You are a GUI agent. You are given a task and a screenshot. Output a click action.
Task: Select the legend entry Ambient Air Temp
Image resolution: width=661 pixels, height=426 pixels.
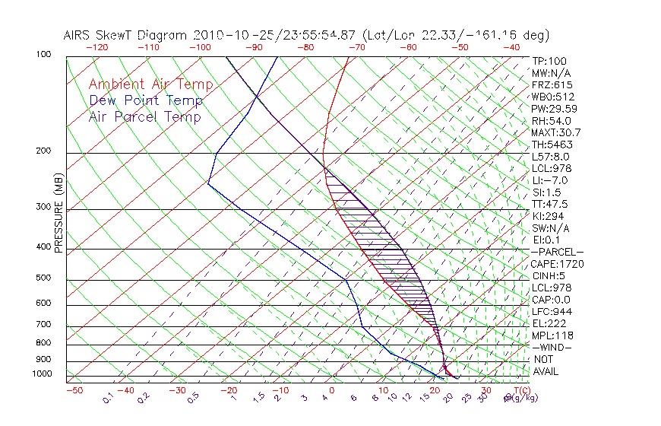[150, 84]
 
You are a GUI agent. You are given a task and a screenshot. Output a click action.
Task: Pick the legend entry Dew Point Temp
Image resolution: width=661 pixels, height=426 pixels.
[146, 100]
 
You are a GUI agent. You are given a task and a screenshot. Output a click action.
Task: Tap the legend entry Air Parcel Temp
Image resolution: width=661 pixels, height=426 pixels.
[144, 116]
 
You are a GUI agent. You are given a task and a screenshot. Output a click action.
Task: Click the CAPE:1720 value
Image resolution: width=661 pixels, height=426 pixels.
[551, 264]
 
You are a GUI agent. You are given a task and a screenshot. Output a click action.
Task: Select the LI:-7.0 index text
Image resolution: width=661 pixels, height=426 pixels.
[549, 180]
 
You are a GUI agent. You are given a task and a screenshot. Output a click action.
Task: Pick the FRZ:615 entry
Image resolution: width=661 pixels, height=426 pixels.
[552, 85]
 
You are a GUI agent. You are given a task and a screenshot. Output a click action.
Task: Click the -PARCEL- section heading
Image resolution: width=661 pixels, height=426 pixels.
[557, 252]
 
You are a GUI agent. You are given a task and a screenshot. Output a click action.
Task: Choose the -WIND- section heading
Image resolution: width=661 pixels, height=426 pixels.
[552, 347]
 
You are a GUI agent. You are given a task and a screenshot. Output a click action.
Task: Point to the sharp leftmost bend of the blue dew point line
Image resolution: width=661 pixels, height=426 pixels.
[208, 183]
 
